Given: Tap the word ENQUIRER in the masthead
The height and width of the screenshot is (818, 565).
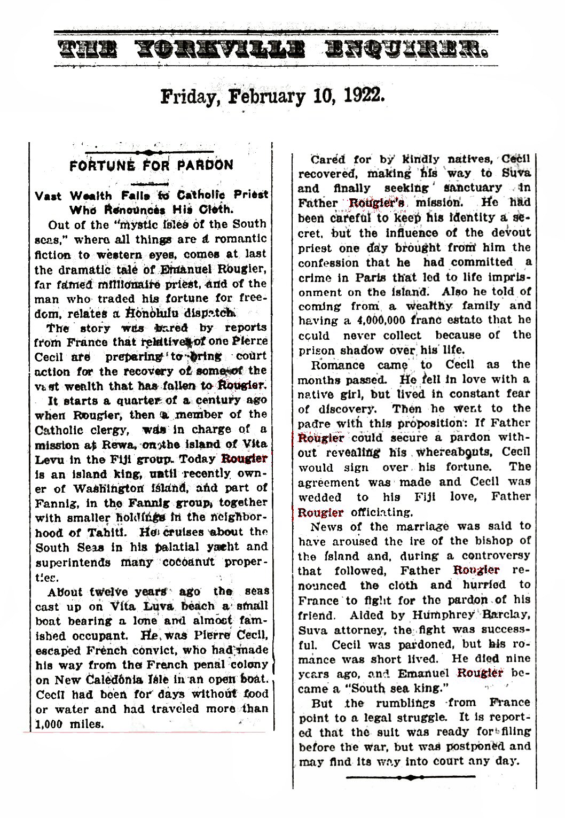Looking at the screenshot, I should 402,52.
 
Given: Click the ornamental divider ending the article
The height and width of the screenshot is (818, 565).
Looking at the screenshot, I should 411,777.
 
